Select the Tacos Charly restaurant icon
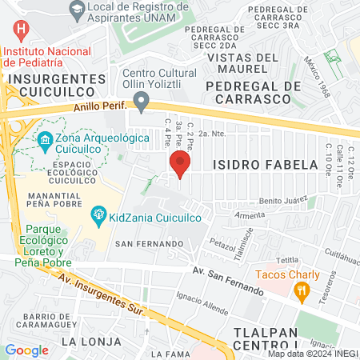click(x=302, y=293)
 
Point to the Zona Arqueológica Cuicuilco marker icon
click(x=44, y=144)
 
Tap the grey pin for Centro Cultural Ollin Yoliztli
click(x=142, y=102)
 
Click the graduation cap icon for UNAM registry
click(x=77, y=10)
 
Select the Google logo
click(x=27, y=350)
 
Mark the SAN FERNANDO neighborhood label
click(x=143, y=242)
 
